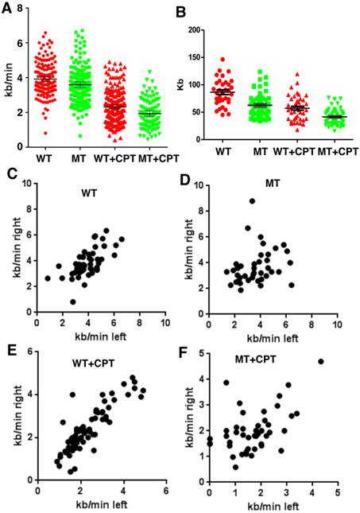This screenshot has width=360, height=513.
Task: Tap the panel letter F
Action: (188, 352)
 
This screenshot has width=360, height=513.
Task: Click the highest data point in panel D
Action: (252, 201)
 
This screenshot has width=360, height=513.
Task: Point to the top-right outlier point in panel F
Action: (321, 383)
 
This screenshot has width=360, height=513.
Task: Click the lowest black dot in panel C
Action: (72, 301)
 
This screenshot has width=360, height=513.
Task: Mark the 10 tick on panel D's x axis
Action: (337, 325)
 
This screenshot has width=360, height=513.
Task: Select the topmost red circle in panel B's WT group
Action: (246, 60)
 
